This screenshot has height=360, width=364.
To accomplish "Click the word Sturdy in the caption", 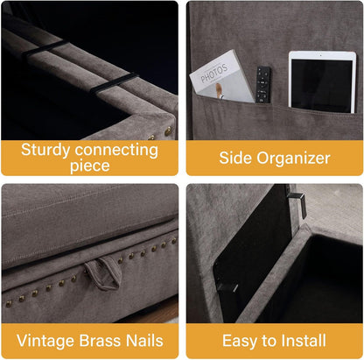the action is pyautogui.click(x=45, y=150).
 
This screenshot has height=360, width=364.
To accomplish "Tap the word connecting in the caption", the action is pyautogui.click(x=116, y=151).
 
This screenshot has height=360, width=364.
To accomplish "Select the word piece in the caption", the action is pyautogui.click(x=90, y=166).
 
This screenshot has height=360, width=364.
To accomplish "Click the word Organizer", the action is pyautogui.click(x=293, y=159).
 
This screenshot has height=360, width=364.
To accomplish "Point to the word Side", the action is pyautogui.click(x=235, y=158).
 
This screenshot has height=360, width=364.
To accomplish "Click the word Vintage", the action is pyautogui.click(x=45, y=341).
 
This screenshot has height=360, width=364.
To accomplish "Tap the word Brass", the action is pyautogui.click(x=100, y=341).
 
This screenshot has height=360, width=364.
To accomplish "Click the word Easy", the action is pyautogui.click(x=240, y=341).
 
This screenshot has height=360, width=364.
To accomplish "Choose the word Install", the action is pyautogui.click(x=304, y=341).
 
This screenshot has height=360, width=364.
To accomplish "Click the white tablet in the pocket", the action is pyautogui.click(x=322, y=82).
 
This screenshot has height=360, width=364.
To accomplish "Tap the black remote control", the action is pyautogui.click(x=263, y=85).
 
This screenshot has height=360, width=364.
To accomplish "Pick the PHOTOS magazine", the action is pyautogui.click(x=221, y=77).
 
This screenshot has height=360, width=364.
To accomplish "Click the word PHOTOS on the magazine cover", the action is pyautogui.click(x=213, y=74).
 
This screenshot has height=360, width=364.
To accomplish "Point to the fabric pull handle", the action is pyautogui.click(x=102, y=273).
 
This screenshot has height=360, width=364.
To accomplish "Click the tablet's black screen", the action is pyautogui.click(x=322, y=85).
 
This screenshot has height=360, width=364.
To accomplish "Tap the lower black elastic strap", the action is pyautogui.click(x=113, y=82).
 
